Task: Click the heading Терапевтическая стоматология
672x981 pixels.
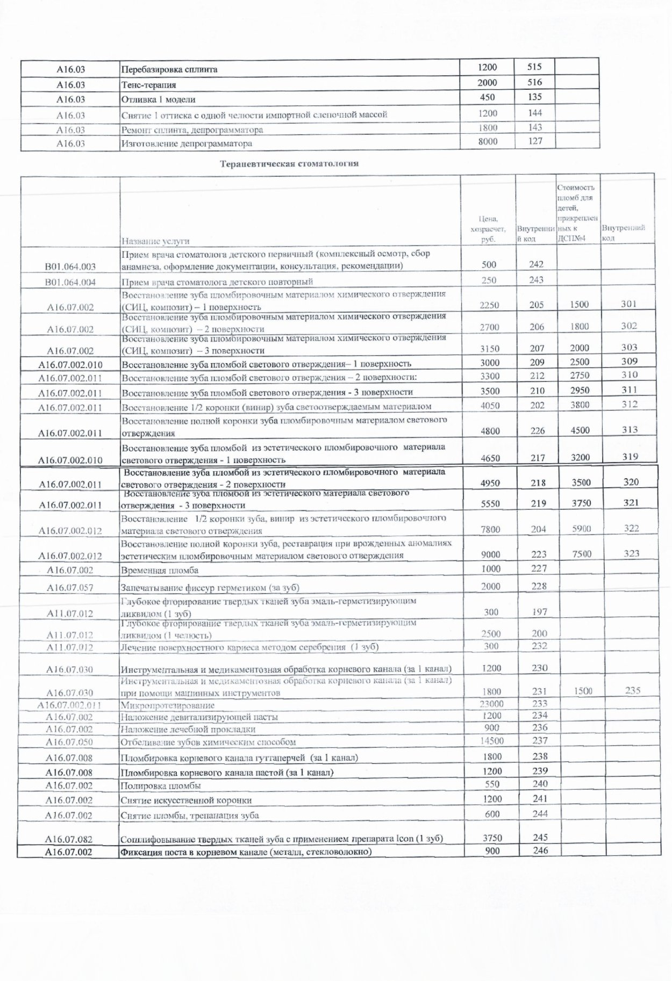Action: pyautogui.click(x=289, y=164)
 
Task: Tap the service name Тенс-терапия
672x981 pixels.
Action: pyautogui.click(x=149, y=85)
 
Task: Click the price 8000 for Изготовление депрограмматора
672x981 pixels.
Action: pyautogui.click(x=488, y=141)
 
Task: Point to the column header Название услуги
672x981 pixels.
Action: pyautogui.click(x=155, y=241)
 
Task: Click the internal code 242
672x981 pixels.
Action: pyautogui.click(x=536, y=264)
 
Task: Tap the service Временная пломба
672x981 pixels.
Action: pyautogui.click(x=160, y=570)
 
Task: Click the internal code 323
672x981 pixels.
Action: pyautogui.click(x=632, y=553)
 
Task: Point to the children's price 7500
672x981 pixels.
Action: pyautogui.click(x=582, y=554)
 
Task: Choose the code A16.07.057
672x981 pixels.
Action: pyautogui.click(x=70, y=588)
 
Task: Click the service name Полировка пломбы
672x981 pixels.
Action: pyautogui.click(x=161, y=785)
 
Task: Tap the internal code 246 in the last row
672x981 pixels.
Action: pyautogui.click(x=540, y=850)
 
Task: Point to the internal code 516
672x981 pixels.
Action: pyautogui.click(x=534, y=82)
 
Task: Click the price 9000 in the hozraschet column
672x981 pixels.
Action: pyautogui.click(x=490, y=554)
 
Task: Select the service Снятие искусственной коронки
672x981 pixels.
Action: pyautogui.click(x=186, y=800)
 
